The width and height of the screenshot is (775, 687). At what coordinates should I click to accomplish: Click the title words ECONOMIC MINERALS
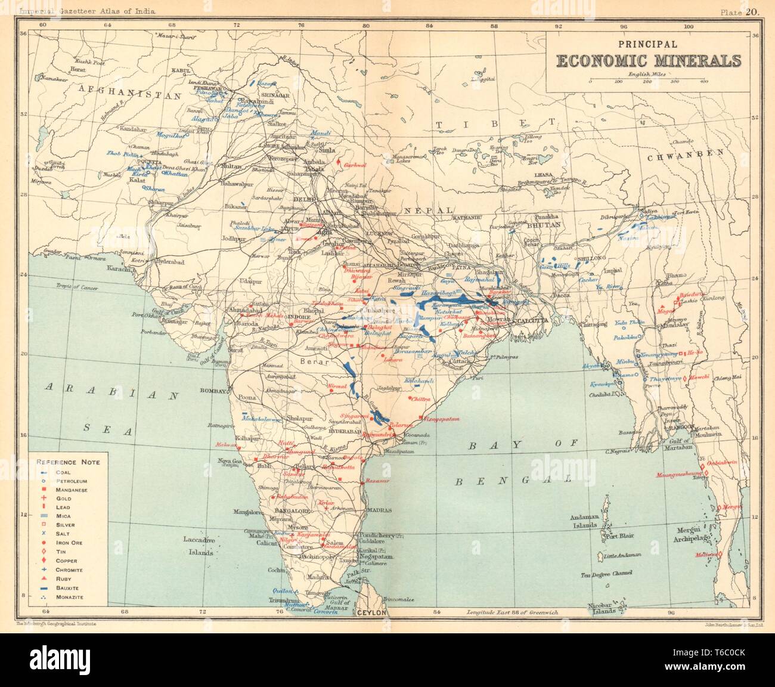pos(649,61)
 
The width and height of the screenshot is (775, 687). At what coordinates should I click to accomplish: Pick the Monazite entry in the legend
pos(70,597)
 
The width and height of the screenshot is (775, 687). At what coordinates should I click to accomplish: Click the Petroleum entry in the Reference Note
pos(72,481)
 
